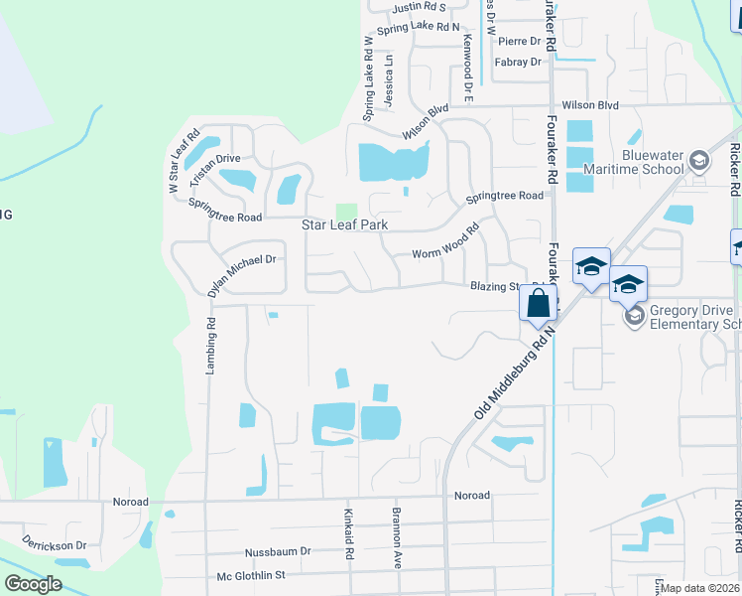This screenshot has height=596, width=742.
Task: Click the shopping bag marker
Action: pyautogui.click(x=538, y=303)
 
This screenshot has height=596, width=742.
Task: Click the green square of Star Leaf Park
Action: pyautogui.click(x=345, y=212)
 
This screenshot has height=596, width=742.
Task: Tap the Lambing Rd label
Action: pyautogui.click(x=210, y=345)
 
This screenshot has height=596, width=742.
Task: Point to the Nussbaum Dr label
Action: pyautogui.click(x=278, y=551)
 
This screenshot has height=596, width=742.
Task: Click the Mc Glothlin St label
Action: pyautogui.click(x=251, y=575)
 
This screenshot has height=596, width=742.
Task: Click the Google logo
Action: pyautogui.click(x=33, y=584)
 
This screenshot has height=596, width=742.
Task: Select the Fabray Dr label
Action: pyautogui.click(x=520, y=62)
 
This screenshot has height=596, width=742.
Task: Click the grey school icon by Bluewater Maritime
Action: pyautogui.click(x=698, y=161)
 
